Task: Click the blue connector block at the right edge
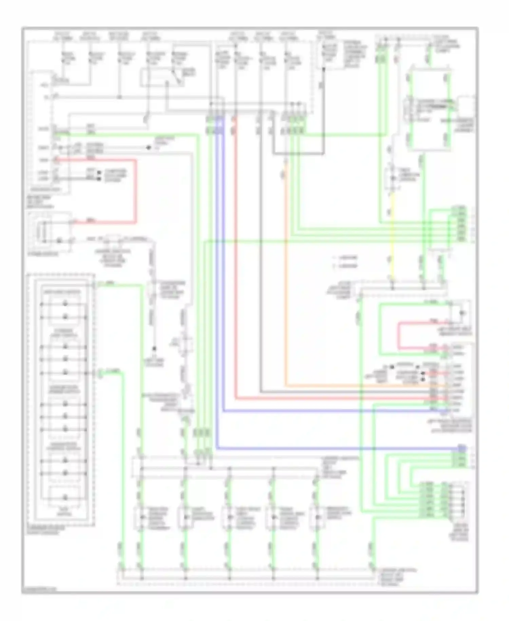click(461, 448)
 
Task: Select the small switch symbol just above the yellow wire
click(392, 178)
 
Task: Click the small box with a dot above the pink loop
click(461, 313)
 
